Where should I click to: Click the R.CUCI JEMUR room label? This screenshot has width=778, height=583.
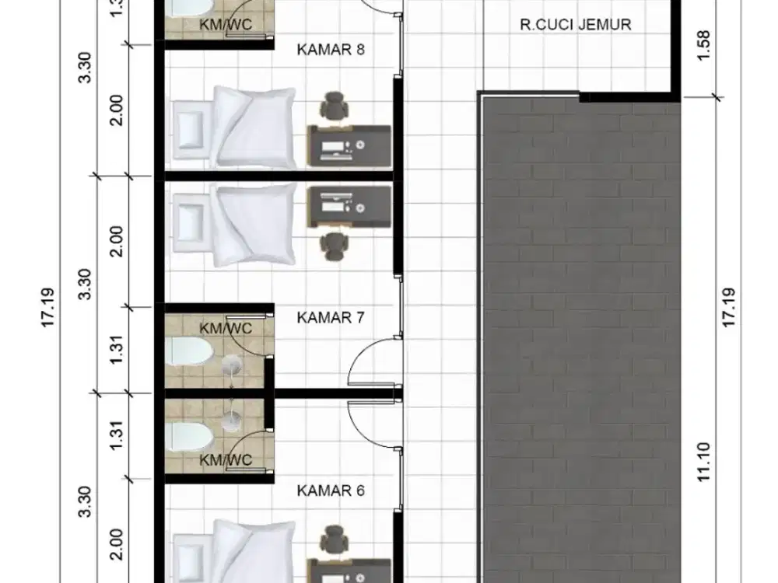(575, 24)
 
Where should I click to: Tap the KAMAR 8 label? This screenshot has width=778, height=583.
(331, 50)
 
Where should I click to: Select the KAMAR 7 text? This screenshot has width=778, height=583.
(331, 317)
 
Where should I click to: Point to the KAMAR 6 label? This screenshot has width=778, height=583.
(331, 490)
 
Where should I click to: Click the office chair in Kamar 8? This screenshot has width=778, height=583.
(335, 106)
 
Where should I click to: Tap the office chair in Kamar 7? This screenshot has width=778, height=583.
(335, 243)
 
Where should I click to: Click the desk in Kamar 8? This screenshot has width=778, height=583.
(349, 144)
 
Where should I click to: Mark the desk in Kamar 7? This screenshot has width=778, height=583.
(349, 204)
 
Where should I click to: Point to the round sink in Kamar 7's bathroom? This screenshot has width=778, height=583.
(232, 365)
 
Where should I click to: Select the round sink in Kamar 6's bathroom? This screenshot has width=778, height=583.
(232, 420)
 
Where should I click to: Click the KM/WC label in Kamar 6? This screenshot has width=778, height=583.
(226, 460)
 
